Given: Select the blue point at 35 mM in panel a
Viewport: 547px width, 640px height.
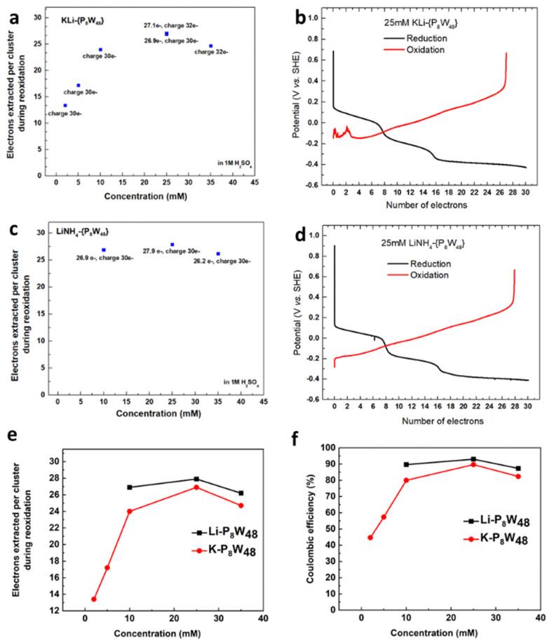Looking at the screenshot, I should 210,46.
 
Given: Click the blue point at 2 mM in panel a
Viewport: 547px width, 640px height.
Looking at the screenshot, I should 65,106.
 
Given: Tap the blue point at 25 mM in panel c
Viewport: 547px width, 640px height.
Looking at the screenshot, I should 173,245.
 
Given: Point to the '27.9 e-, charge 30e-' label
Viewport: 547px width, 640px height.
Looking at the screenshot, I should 173,251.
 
